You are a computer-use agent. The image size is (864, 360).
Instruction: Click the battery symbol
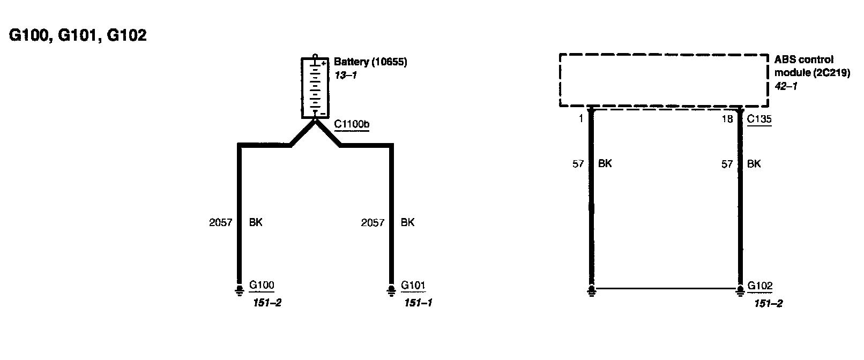pyautogui.click(x=315, y=87)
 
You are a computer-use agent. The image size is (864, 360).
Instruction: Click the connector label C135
pyautogui.click(x=759, y=119)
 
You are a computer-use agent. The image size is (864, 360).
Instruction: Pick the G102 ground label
pyautogui.click(x=761, y=286)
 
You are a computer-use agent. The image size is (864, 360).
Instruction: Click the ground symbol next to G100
pyautogui.click(x=239, y=290)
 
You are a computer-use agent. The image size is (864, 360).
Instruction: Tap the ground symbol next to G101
pyautogui.click(x=391, y=290)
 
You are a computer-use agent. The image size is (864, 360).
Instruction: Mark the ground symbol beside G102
pyautogui.click(x=741, y=290)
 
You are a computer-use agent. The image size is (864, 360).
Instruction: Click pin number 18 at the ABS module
pyautogui.click(x=727, y=119)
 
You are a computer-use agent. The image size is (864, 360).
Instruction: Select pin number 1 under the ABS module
pyautogui.click(x=580, y=119)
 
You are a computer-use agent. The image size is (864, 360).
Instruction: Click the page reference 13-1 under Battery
pyautogui.click(x=345, y=76)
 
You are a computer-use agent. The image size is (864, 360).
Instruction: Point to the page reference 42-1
pyautogui.click(x=785, y=86)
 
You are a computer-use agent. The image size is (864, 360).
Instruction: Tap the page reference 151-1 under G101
pyautogui.click(x=418, y=303)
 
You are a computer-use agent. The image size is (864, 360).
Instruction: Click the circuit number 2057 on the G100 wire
pyautogui.click(x=220, y=222)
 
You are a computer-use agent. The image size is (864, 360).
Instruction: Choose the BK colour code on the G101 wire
pyautogui.click(x=407, y=222)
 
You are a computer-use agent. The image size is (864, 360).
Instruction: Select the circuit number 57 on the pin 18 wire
pyautogui.click(x=727, y=164)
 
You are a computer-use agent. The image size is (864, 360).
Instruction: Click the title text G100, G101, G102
pyautogui.click(x=78, y=36)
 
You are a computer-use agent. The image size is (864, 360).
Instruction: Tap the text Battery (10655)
pyautogui.click(x=370, y=62)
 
